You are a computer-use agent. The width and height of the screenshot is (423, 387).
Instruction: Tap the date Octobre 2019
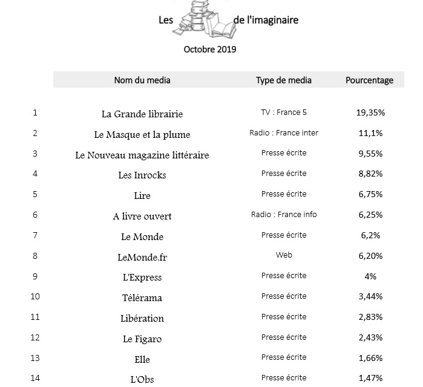[x=210, y=49]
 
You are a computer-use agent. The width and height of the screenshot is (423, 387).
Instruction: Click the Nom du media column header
[x=142, y=80]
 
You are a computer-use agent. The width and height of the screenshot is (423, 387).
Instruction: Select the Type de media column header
[x=284, y=80]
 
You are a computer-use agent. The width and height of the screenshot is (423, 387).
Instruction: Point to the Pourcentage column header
[x=369, y=80]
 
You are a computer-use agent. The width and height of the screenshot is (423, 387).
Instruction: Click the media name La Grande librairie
[x=142, y=114]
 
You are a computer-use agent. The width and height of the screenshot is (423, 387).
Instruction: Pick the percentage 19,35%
[x=370, y=112]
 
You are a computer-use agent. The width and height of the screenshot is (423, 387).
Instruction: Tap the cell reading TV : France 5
[x=284, y=112]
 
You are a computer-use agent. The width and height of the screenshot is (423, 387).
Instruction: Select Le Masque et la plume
[x=142, y=134]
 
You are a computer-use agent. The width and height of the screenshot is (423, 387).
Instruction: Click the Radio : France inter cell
[x=284, y=133]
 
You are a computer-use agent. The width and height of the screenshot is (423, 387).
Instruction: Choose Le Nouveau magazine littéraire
[x=142, y=155]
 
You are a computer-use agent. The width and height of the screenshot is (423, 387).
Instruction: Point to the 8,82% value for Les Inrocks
[x=370, y=174]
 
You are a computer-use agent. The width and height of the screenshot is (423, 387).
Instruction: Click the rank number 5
[x=35, y=194]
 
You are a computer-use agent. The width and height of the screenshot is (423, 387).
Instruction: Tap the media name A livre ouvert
[x=142, y=216]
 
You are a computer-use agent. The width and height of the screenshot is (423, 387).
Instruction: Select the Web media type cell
[x=284, y=255]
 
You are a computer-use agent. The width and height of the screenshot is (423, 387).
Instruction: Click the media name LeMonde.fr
[x=142, y=257]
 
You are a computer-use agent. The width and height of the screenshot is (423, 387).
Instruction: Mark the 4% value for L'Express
[x=370, y=276]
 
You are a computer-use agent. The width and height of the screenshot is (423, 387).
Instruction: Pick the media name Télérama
[x=142, y=298]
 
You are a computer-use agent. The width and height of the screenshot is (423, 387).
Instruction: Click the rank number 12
[x=35, y=337]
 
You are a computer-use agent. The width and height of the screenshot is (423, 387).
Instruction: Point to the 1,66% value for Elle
[x=370, y=358]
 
